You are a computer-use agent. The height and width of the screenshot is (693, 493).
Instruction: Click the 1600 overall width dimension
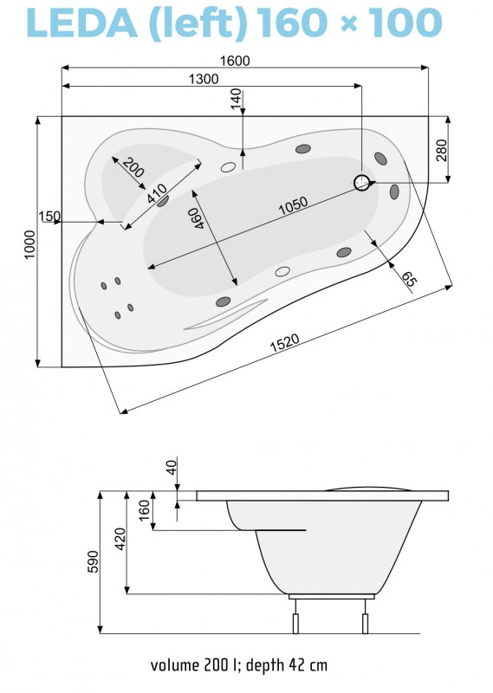pyautogui.click(x=235, y=61)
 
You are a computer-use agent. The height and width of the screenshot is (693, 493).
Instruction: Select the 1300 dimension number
pyautogui.click(x=204, y=79)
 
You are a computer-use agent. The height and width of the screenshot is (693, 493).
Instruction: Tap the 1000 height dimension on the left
pyautogui.click(x=29, y=244)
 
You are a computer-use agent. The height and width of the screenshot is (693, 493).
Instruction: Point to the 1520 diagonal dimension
pyautogui.click(x=285, y=342)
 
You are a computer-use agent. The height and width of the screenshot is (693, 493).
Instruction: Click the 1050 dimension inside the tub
pyautogui.click(x=293, y=205)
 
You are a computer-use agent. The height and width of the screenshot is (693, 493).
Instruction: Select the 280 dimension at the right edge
pyautogui.click(x=441, y=150)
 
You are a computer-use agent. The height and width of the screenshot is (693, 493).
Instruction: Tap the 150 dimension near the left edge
pyautogui.click(x=49, y=217)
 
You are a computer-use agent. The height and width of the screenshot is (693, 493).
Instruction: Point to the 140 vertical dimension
pyautogui.click(x=237, y=98)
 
